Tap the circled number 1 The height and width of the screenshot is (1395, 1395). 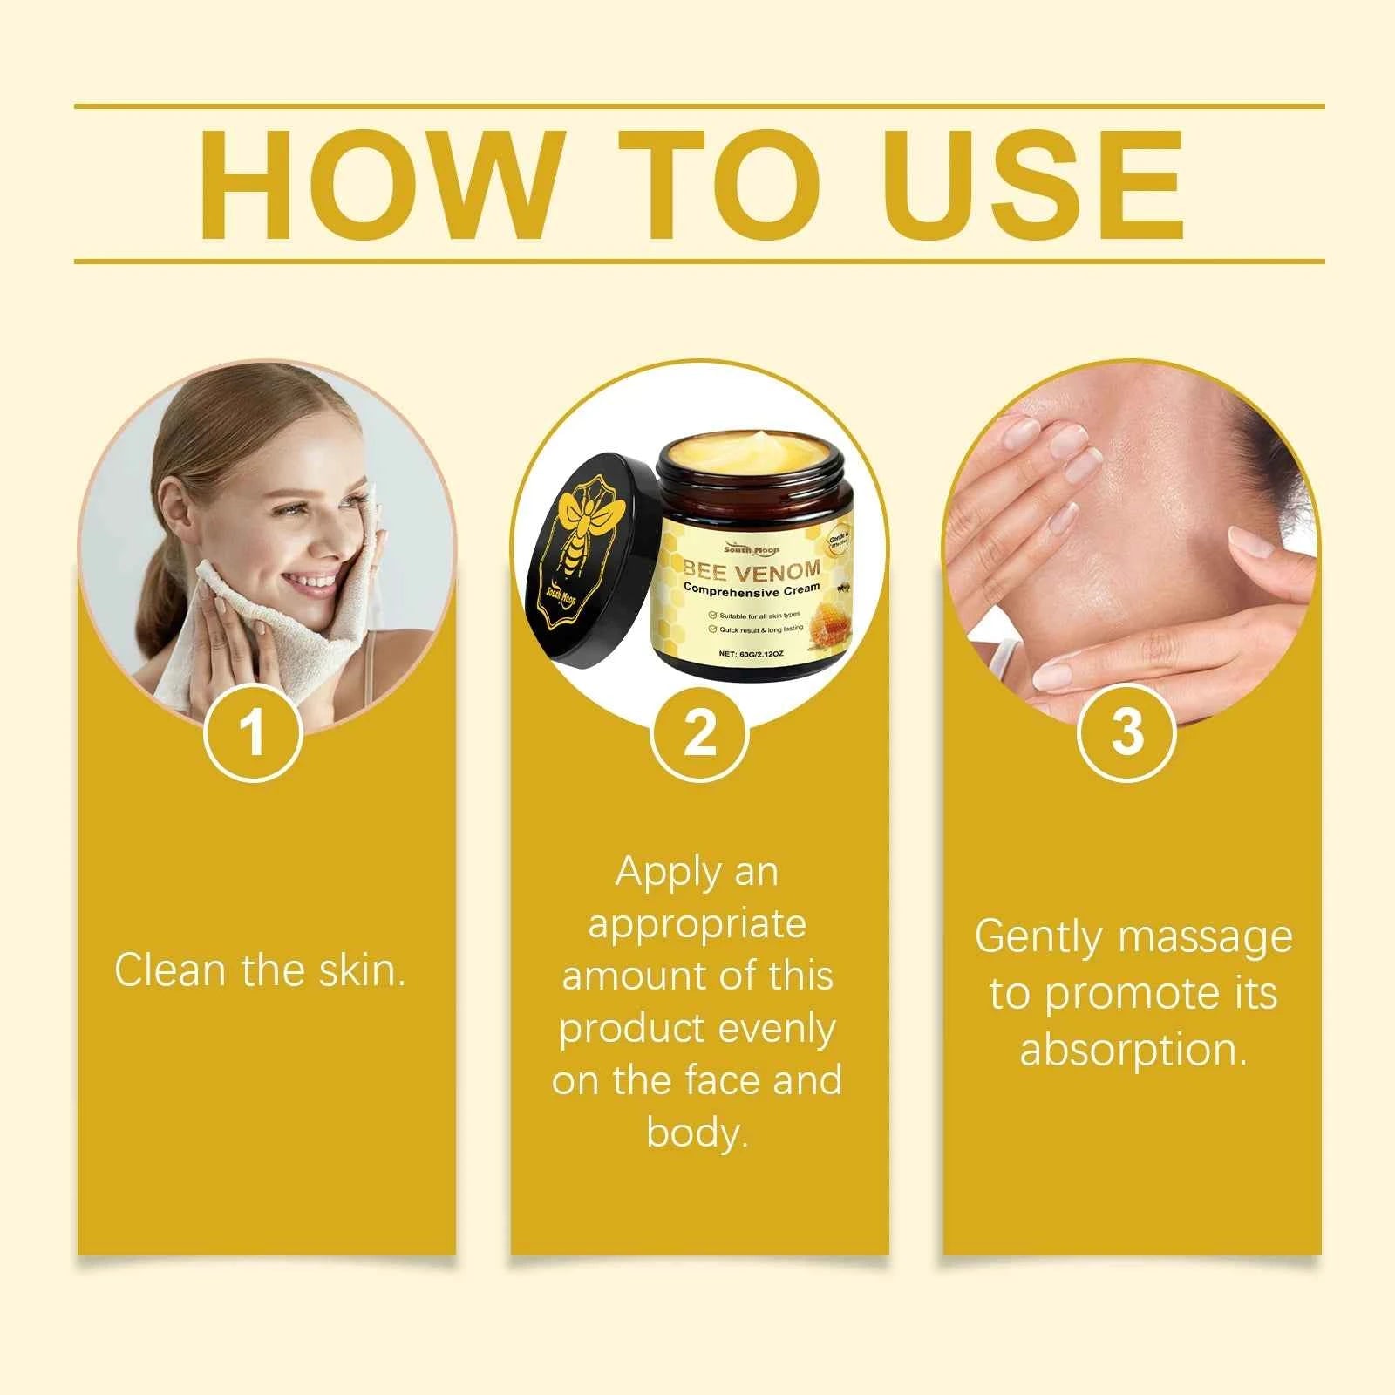[253, 732]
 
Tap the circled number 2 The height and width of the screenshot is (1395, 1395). [700, 732]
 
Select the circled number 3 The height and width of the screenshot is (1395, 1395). [1127, 732]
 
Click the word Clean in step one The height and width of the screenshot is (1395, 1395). [171, 970]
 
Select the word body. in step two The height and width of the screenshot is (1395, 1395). [697, 1133]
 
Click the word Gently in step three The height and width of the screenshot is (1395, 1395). [1038, 938]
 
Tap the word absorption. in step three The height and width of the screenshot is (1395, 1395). [1133, 1050]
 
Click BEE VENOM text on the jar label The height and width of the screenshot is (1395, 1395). [752, 570]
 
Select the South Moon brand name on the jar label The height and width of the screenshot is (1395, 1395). [751, 549]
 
